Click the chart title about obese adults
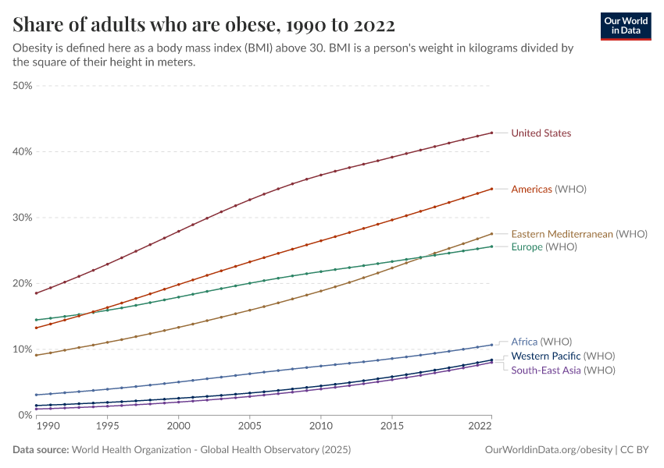203,25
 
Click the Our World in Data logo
625,26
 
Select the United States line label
541,133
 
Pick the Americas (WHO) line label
548,190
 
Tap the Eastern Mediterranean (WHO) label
579,234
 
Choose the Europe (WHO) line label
544,247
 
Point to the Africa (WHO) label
541,342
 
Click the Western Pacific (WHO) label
563,356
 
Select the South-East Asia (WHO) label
562,370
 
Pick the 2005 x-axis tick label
249,427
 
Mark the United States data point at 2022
491,133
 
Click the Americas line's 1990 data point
36,328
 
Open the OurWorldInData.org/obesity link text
548,450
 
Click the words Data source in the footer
40,450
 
